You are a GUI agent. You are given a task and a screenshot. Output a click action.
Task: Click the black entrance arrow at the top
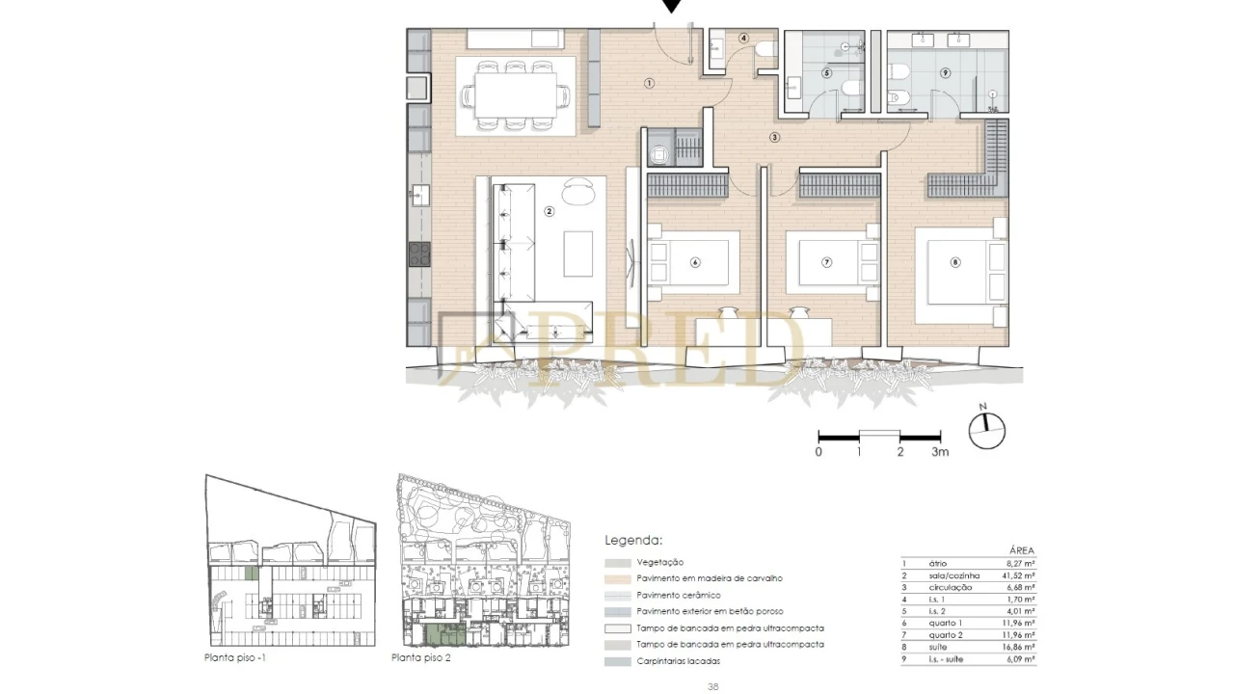tap(672, 6)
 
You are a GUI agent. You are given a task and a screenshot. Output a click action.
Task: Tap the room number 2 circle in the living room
tap(549, 211)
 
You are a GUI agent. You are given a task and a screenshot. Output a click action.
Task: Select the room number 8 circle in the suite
tap(955, 262)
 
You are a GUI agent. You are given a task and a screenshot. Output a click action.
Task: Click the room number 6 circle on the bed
tap(694, 262)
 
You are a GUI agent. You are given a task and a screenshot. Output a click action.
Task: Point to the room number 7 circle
tap(826, 262)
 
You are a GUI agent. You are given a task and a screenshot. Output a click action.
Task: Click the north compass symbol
tap(986, 430)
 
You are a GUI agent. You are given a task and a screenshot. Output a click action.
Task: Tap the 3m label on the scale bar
tap(941, 451)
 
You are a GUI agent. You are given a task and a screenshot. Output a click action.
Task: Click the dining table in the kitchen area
tap(515, 96)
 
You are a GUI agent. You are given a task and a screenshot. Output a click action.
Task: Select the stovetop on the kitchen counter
tap(419, 254)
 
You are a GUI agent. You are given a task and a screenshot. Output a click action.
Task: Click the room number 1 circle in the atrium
tap(650, 84)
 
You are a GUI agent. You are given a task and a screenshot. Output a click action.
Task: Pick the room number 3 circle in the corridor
tap(774, 137)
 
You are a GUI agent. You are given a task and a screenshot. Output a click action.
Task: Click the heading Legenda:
tap(633, 541)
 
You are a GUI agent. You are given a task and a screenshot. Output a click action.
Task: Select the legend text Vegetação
tap(660, 562)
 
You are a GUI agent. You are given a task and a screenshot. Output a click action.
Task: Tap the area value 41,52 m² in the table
tap(1017, 575)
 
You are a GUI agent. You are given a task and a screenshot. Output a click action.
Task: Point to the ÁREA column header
tap(1021, 550)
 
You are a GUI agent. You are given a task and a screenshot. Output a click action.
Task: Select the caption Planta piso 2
tap(421, 658)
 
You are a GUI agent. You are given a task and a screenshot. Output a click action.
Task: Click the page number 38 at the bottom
tap(713, 686)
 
